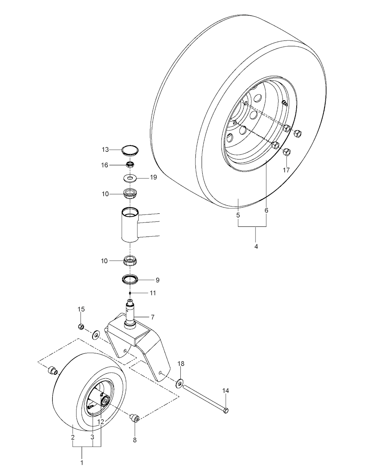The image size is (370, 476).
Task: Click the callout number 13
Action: [105, 149]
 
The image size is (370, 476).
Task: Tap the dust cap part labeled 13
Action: [130, 150]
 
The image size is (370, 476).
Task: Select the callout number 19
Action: [153, 178]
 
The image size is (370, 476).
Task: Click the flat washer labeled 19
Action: [130, 178]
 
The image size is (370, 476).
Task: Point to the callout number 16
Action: [105, 165]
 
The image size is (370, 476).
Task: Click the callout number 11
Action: [153, 293]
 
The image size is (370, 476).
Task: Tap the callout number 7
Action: [153, 317]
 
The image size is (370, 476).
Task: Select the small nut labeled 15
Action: [81, 327]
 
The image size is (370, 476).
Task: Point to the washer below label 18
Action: [180, 383]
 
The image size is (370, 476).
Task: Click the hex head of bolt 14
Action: [226, 410]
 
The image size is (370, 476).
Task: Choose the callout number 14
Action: [226, 391]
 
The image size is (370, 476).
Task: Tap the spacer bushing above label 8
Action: [136, 419]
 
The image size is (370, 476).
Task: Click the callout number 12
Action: [101, 421]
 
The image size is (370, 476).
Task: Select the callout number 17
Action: [286, 170]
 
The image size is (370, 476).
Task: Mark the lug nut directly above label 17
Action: [286, 152]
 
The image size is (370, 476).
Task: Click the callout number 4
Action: [256, 247]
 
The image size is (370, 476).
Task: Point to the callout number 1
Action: [82, 462]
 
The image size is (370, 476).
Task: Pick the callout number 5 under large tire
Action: [238, 215]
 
